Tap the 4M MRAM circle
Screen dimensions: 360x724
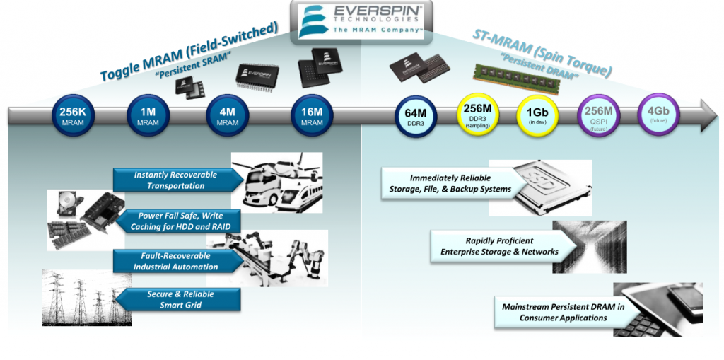(227, 115)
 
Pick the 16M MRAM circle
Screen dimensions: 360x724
(312, 115)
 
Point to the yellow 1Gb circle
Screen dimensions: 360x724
(537, 115)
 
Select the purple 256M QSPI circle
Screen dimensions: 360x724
(598, 115)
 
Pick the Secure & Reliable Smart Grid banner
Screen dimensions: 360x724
(178, 299)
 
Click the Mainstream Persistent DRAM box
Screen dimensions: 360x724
(554, 313)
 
